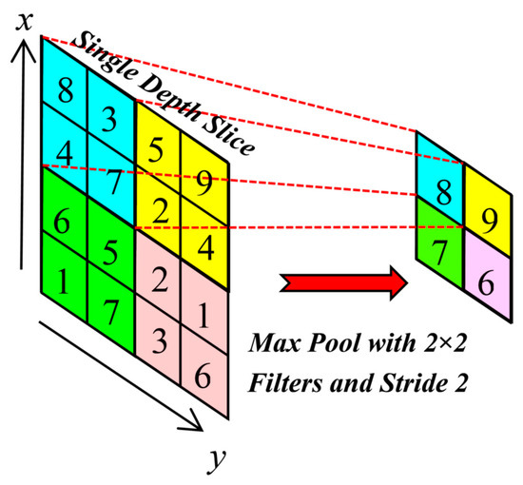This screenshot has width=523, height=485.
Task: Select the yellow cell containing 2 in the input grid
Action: pos(159,206)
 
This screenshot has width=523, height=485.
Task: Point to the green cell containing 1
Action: pos(63,281)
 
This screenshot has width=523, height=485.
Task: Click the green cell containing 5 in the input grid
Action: pos(111,252)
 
